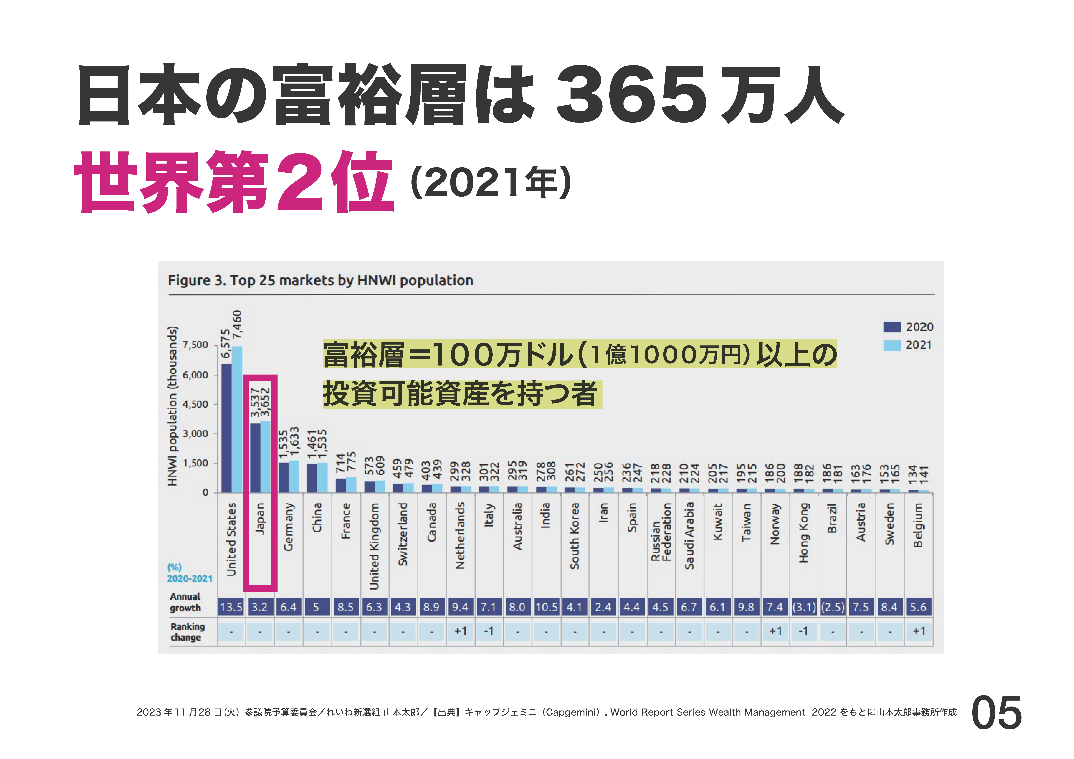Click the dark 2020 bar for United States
(x=226, y=428)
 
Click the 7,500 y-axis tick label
(x=195, y=345)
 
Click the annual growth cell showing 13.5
(x=231, y=607)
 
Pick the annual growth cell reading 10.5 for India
(x=546, y=607)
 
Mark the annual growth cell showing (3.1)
(x=804, y=607)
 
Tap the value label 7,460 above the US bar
(x=238, y=324)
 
